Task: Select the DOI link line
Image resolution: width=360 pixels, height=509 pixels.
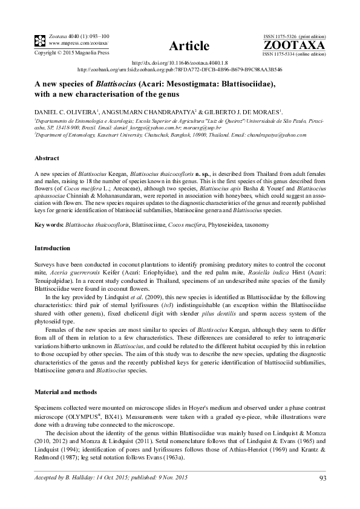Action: pos(180,63)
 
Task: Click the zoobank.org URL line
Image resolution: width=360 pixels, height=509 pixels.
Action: pos(180,70)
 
